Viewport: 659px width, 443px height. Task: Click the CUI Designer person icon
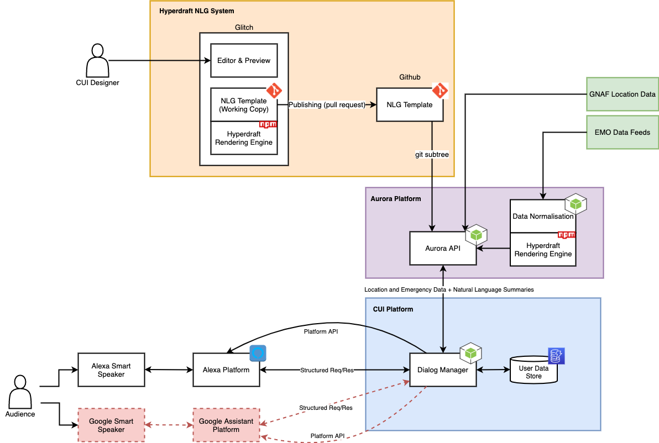coord(97,61)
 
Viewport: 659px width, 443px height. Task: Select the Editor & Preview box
coord(244,60)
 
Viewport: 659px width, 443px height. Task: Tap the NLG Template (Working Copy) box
coord(244,105)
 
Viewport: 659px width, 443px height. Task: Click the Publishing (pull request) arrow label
coord(327,105)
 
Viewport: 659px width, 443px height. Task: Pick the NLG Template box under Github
coord(410,104)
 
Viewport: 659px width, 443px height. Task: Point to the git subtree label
coord(432,155)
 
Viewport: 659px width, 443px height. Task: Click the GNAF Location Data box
coord(623,94)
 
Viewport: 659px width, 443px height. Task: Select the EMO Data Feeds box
coord(623,132)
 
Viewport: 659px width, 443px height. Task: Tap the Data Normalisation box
coord(542,216)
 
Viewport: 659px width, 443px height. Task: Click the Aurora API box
coord(443,248)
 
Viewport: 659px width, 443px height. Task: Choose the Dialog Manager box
coord(443,370)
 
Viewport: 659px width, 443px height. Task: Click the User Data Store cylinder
coord(534,372)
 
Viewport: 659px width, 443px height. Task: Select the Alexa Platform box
coord(226,370)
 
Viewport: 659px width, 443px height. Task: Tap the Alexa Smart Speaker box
coord(111,370)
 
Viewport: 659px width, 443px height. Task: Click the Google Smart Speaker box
coord(111,425)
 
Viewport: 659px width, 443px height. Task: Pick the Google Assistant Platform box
coord(226,425)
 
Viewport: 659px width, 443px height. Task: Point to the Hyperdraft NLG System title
coord(196,10)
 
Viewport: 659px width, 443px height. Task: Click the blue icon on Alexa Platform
coord(258,353)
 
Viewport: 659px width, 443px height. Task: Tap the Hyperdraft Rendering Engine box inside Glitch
coord(244,138)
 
